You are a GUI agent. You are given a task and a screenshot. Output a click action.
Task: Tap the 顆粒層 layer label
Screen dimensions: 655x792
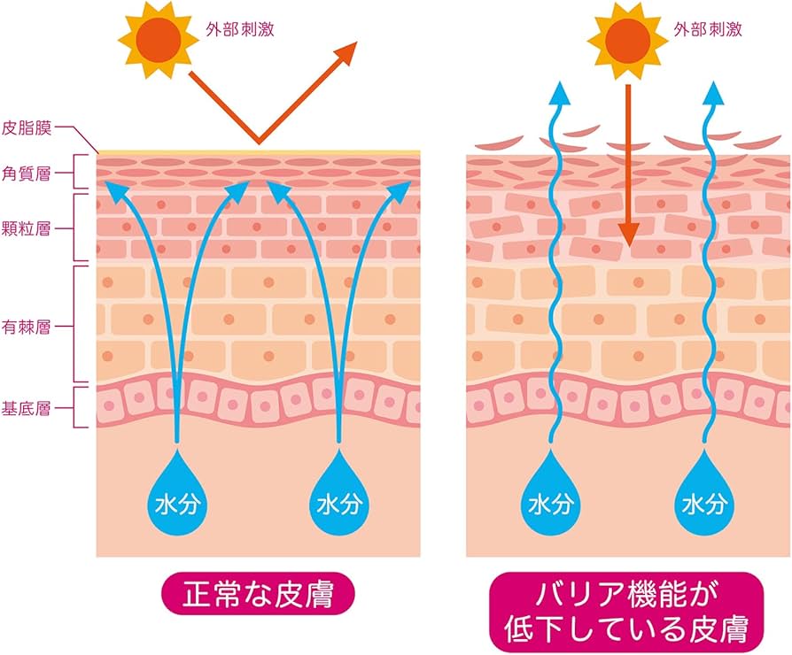(28, 227)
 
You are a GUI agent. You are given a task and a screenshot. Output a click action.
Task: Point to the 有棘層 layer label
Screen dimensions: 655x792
(28, 326)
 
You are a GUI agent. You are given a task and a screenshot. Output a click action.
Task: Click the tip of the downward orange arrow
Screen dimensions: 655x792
(628, 243)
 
